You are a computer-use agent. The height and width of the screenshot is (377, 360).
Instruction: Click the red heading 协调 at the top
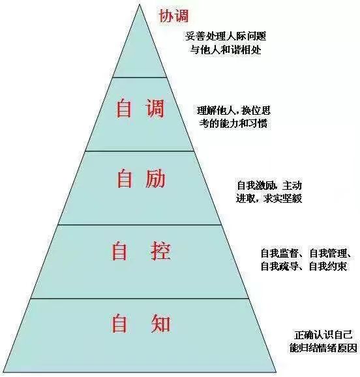[x=173, y=16]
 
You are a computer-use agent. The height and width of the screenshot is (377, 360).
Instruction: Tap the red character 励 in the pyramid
[x=155, y=179]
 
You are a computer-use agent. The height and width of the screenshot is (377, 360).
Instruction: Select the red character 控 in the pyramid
[x=160, y=251]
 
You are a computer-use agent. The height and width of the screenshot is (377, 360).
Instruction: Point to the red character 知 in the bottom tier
[x=160, y=324]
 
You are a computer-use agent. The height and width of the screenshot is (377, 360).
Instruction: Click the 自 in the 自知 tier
[x=119, y=324]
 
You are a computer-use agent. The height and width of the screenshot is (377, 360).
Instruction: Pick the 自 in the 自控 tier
[x=119, y=251]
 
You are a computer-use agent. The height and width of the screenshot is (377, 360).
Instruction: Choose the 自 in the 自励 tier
[x=125, y=179]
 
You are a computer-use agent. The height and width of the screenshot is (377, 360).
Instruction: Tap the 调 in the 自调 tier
[x=155, y=108]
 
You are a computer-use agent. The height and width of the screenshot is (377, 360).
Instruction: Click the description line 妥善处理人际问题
[x=226, y=37]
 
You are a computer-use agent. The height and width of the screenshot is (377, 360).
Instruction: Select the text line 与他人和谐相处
[x=226, y=50]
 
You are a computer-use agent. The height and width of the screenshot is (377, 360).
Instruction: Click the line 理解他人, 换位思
[x=233, y=111]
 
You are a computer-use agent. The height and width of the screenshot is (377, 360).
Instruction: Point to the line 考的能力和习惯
[x=233, y=124]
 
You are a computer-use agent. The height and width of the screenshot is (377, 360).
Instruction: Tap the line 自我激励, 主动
[x=269, y=185]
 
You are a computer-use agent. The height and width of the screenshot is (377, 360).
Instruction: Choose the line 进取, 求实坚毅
[x=269, y=198]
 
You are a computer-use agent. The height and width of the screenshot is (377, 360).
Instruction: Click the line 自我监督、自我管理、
[x=306, y=253]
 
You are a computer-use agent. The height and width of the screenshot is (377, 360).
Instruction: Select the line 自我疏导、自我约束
[x=303, y=266]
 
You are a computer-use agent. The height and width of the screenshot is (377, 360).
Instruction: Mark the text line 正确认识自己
[x=323, y=335]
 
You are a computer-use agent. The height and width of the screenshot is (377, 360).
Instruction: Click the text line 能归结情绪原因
[x=323, y=348]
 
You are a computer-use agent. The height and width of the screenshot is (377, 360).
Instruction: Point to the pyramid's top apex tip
[x=139, y=5]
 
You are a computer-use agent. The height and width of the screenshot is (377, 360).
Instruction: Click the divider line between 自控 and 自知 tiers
[x=139, y=298]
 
